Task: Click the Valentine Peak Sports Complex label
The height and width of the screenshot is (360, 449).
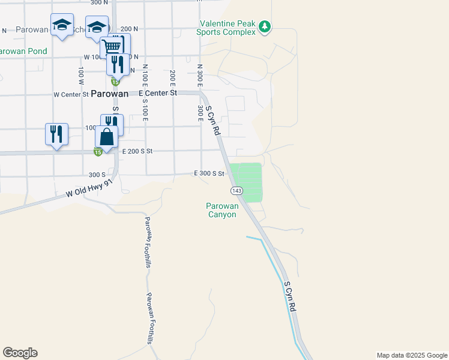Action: click(227, 28)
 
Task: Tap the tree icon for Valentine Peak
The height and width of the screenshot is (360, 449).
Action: click(265, 26)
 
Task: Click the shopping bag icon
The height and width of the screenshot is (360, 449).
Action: click(106, 137)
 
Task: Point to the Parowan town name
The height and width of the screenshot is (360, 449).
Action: click(110, 94)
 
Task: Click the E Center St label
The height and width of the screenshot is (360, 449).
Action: click(158, 93)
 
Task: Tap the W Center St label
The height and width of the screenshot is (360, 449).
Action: click(71, 94)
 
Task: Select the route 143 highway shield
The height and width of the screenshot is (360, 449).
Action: click(236, 190)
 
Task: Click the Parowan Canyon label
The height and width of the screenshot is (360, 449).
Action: click(223, 210)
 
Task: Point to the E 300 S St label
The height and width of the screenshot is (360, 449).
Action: click(209, 173)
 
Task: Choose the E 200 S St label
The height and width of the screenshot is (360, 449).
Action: click(139, 152)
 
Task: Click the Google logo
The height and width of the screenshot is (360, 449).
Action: click(20, 353)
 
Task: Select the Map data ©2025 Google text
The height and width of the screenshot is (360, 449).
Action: click(411, 355)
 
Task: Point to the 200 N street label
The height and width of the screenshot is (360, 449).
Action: click(129, 29)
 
